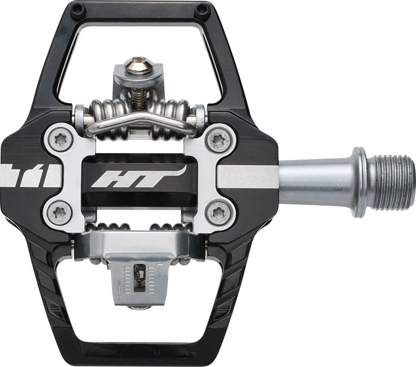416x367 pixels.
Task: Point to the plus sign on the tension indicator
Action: tap(119, 296)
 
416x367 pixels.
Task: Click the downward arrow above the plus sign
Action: tap(119, 286)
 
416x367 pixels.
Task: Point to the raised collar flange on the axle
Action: tap(361, 181)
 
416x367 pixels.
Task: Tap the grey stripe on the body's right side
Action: tap(247, 177)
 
